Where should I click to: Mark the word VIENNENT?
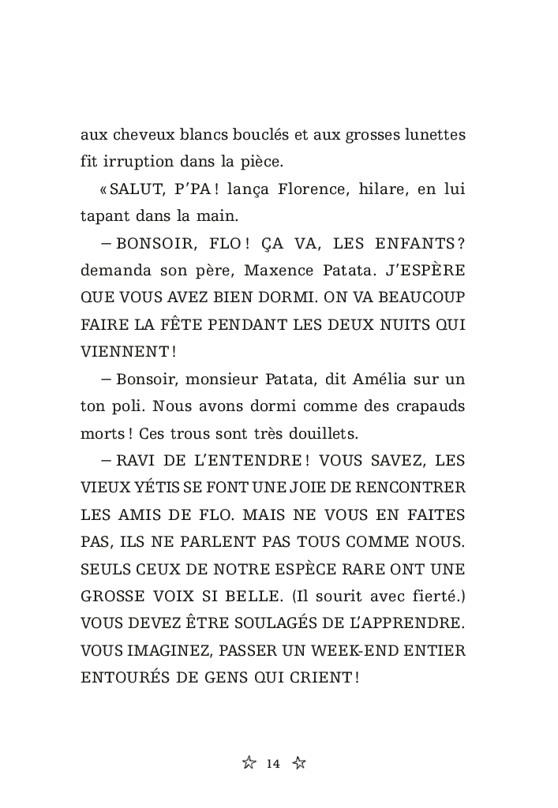pos(125,351)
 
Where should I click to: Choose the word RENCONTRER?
pos(409,487)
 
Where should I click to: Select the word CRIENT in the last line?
pos(320,677)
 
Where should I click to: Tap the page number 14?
pos(274,763)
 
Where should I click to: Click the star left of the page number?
pos(249,762)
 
